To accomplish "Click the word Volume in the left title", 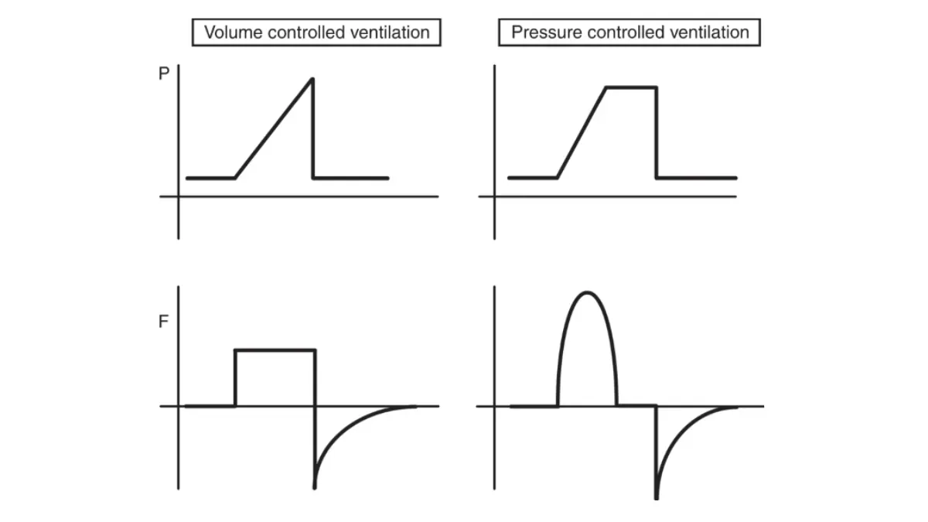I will pyautogui.click(x=230, y=32).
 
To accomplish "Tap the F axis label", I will pyautogui.click(x=163, y=322).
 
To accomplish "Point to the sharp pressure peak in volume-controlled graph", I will pyautogui.click(x=312, y=79).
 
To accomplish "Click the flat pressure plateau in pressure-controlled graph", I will pyautogui.click(x=630, y=87).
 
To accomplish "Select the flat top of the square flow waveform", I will pyautogui.click(x=275, y=350).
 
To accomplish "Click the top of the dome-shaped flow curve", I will pyautogui.click(x=587, y=292).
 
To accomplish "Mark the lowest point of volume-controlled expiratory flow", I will pyautogui.click(x=315, y=486).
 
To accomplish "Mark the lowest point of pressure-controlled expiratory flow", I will pyautogui.click(x=656, y=496).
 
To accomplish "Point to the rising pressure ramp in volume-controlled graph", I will pyautogui.click(x=274, y=128).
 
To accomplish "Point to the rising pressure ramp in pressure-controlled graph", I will pyautogui.click(x=582, y=132).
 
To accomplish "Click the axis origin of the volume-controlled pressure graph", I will pyautogui.click(x=179, y=196).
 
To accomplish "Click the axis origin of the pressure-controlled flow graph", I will pyautogui.click(x=495, y=406).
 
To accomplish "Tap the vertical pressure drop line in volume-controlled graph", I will pyautogui.click(x=313, y=131).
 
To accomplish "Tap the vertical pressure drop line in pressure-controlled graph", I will pyautogui.click(x=657, y=133).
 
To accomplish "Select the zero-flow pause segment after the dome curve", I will pyautogui.click(x=636, y=405).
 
